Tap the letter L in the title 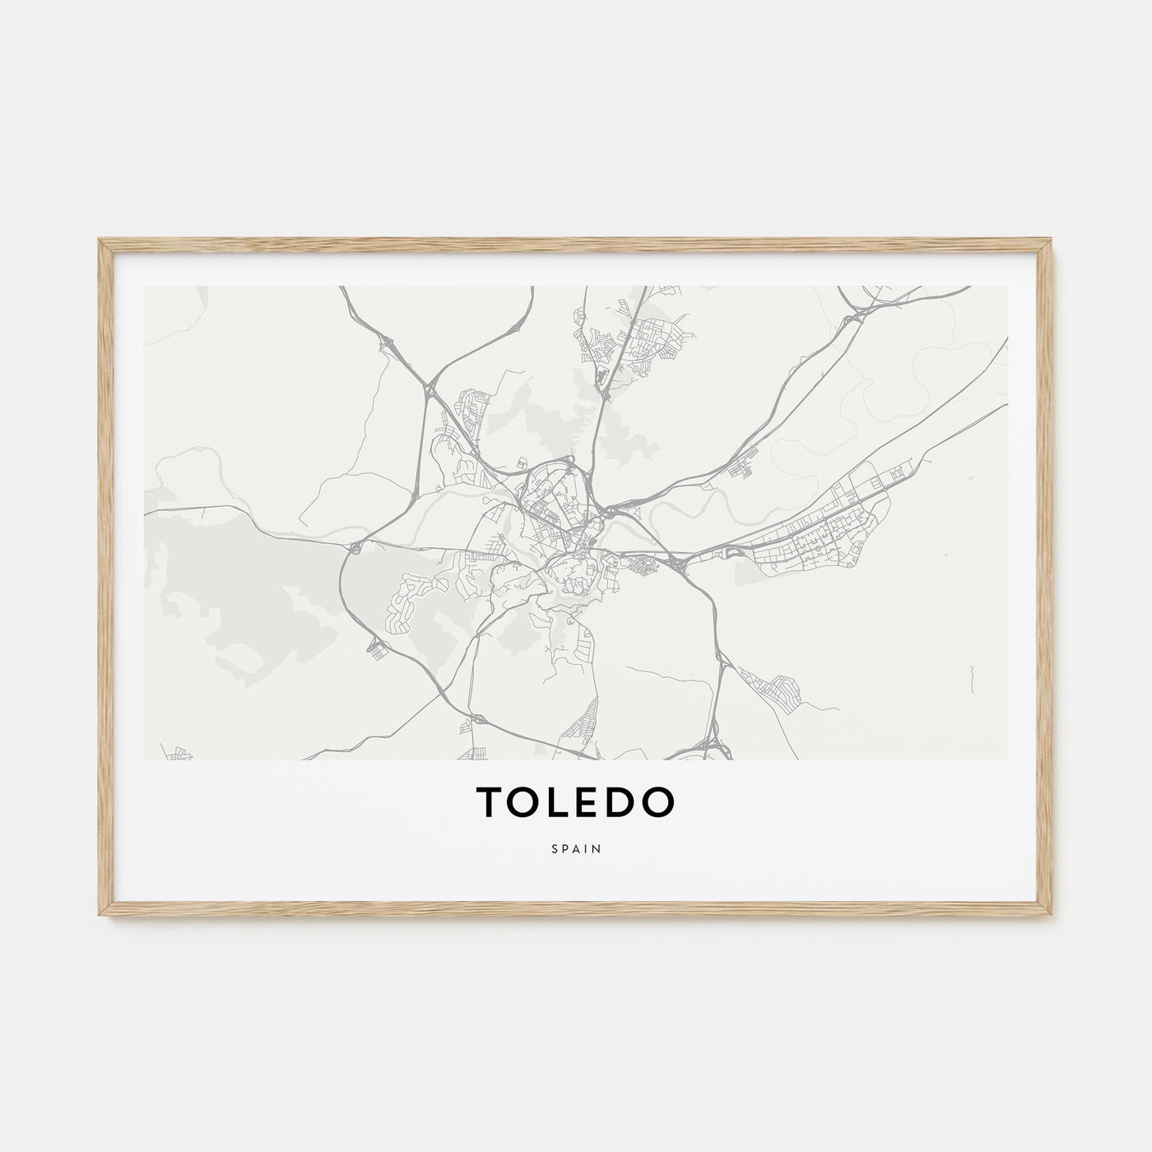(x=556, y=804)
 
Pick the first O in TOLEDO (x=523, y=804)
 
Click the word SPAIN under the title (x=576, y=848)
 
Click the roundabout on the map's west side (x=355, y=546)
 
